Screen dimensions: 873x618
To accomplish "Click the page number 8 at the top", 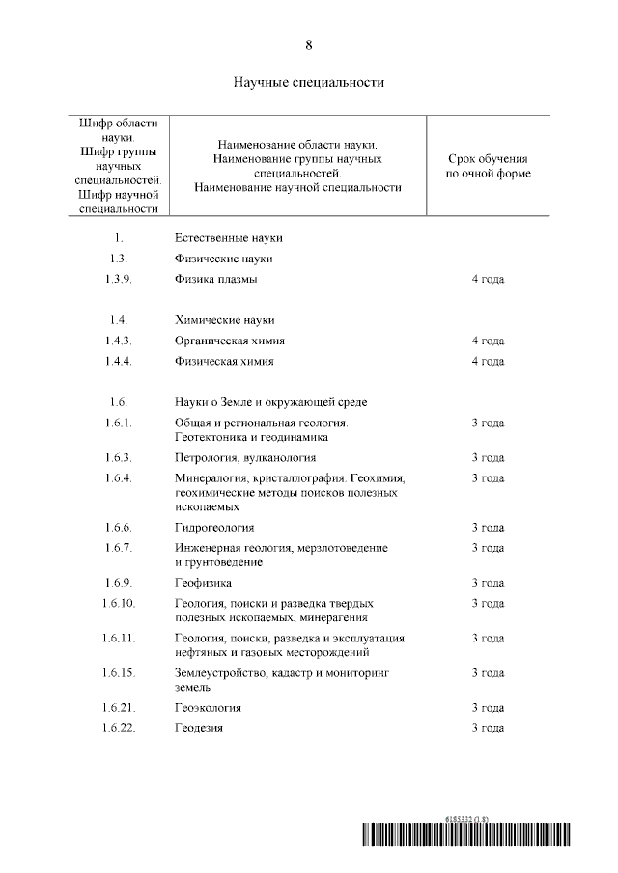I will (309, 45).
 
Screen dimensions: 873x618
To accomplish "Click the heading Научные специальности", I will (309, 82).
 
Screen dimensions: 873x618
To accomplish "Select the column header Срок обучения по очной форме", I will (488, 166).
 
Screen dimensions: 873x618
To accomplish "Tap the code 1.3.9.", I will (120, 280).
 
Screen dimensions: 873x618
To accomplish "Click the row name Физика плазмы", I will (216, 280).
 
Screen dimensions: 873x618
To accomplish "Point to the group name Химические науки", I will (225, 320).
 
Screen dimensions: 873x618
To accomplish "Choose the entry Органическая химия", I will (230, 341).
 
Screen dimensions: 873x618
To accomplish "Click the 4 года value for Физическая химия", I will (488, 362).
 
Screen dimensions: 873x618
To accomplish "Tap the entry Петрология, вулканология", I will (245, 458).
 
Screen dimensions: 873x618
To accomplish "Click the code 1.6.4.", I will (120, 478).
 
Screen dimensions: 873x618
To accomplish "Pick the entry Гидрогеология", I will (214, 528).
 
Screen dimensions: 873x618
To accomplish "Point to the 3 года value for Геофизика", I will (488, 583).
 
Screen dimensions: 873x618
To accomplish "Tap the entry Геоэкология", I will (208, 708).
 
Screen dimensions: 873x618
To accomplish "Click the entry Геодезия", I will (199, 728).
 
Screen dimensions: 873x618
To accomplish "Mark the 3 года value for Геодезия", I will (488, 728).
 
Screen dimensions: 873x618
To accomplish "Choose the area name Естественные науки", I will (229, 237).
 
